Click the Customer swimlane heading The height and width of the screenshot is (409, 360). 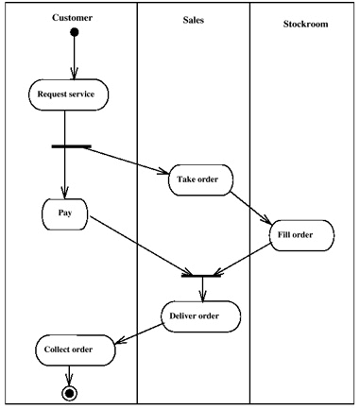tap(72, 18)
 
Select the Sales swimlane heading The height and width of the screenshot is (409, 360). tap(193, 18)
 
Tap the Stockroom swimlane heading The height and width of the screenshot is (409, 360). tap(304, 23)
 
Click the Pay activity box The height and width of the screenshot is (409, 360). tap(65, 213)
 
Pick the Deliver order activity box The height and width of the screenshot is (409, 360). tap(200, 315)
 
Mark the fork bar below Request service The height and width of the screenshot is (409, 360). tap(71, 146)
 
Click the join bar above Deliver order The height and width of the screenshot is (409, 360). tap(200, 275)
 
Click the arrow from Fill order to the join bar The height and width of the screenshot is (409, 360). tap(248, 257)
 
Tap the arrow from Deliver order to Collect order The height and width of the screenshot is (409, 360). tap(138, 332)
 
